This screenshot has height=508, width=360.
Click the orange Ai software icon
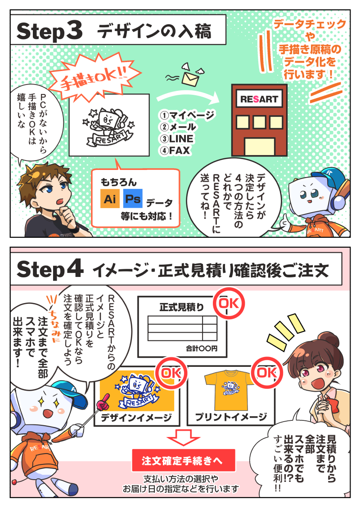coord(110,198)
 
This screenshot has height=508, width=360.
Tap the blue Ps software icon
coord(133,198)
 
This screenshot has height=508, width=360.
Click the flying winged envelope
coord(190,76)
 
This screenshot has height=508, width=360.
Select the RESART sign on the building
coord(259,99)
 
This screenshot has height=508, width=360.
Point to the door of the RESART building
coord(260,147)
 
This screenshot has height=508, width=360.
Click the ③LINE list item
coord(176,138)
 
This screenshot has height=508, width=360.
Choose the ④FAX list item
coord(175,150)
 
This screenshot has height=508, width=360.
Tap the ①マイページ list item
coord(187,115)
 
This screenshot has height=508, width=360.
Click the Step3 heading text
coord(49,31)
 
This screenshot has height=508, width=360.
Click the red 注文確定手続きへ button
coord(183,460)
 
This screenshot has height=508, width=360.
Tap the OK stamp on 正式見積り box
coord(229,303)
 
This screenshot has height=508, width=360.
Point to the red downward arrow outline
coord(183,437)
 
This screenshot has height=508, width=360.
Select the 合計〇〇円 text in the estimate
coord(202,348)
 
